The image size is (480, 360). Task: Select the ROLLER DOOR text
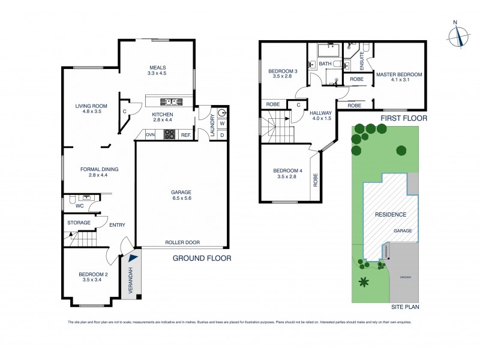(x=182, y=243)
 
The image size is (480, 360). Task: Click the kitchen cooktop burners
(x=169, y=134)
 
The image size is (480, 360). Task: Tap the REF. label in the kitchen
(x=185, y=135)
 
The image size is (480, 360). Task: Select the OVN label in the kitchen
(x=150, y=135)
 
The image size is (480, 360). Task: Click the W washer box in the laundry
(x=221, y=124)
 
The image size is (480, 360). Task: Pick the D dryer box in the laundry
(x=221, y=135)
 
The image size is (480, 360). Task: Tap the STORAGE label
(x=79, y=223)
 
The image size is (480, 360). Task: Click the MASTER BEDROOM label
(x=398, y=77)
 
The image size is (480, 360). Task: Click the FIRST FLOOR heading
(x=404, y=119)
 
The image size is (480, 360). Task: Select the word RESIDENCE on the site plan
(x=391, y=214)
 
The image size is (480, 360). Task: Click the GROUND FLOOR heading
(x=202, y=259)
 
